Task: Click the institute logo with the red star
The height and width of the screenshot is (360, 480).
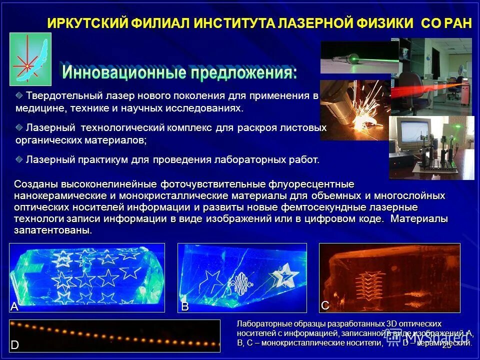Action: (x=30, y=59)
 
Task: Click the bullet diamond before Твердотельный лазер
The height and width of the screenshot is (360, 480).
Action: (x=19, y=94)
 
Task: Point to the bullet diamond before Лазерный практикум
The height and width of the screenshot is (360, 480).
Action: (x=19, y=159)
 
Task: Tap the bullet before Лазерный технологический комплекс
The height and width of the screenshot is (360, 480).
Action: (x=19, y=127)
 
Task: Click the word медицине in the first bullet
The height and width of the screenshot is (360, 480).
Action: (x=39, y=107)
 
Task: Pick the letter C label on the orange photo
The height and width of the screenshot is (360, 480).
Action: (x=325, y=304)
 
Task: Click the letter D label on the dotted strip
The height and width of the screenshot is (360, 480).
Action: (x=15, y=345)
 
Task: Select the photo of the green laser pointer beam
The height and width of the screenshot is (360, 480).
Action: (x=359, y=57)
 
